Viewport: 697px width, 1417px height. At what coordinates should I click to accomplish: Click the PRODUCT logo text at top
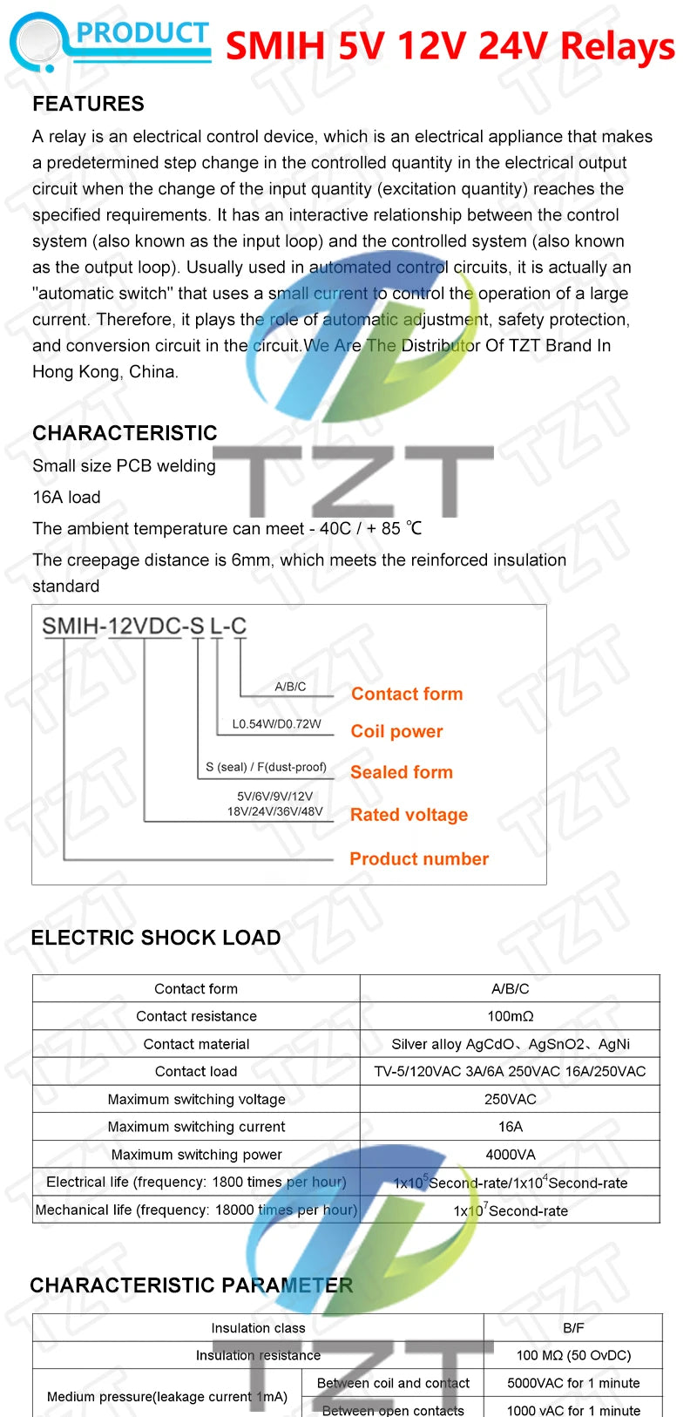(x=142, y=34)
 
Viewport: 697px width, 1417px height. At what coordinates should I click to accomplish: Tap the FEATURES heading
(x=88, y=104)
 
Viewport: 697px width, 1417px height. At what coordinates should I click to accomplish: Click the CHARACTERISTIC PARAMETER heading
(x=192, y=1285)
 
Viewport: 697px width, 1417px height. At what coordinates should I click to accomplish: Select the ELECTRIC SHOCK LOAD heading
(x=156, y=938)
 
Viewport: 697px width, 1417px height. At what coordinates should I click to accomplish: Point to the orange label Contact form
(x=407, y=694)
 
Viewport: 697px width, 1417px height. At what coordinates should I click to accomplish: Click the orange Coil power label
(x=396, y=731)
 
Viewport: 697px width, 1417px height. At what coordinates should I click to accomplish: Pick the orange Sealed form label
(x=401, y=772)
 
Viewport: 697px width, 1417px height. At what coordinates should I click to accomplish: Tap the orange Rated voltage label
(x=409, y=815)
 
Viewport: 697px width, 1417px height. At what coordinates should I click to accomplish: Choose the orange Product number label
(x=419, y=858)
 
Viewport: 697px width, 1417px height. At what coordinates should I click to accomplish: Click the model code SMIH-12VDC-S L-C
(x=145, y=626)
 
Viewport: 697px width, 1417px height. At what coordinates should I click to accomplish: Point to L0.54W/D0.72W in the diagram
(x=276, y=724)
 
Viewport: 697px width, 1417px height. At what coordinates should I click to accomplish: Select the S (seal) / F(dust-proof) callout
(x=266, y=767)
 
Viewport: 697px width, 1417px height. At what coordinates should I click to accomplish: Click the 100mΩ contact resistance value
(x=511, y=1016)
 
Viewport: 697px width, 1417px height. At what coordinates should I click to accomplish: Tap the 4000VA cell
(x=511, y=1155)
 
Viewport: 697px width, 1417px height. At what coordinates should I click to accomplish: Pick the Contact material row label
(x=196, y=1044)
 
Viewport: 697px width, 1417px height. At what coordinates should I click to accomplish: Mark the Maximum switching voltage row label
(x=196, y=1099)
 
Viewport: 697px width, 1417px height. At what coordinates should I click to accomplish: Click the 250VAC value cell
(x=511, y=1099)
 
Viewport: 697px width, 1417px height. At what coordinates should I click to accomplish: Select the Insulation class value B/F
(x=573, y=1328)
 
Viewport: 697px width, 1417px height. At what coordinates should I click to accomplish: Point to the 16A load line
(x=66, y=497)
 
